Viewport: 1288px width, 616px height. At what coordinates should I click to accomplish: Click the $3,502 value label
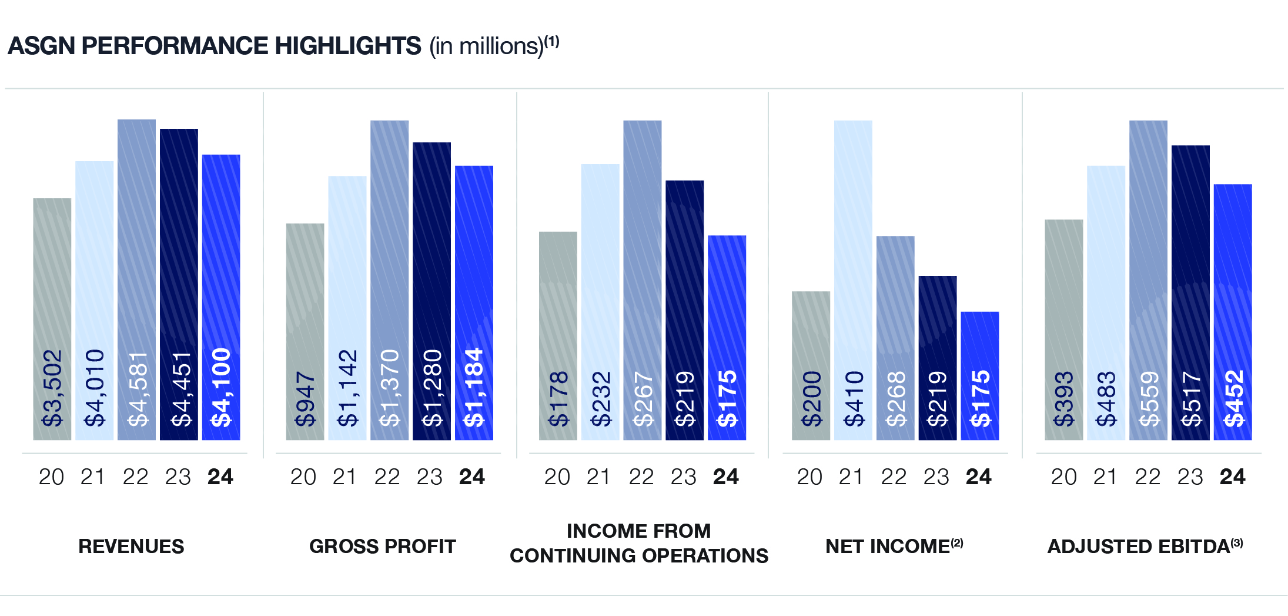coord(52,388)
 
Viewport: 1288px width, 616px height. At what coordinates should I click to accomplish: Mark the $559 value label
coord(1149,398)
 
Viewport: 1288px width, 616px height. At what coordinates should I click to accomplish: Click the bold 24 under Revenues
coord(220,477)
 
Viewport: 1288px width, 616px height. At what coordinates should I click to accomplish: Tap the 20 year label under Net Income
coord(809,477)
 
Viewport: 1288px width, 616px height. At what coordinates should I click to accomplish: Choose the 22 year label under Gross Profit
coord(387,477)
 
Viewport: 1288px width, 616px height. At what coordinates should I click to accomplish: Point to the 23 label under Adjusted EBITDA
coord(1190,477)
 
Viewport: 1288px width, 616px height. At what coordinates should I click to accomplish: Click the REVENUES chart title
coord(131,547)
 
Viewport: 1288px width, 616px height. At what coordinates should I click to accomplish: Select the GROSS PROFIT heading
coord(383,547)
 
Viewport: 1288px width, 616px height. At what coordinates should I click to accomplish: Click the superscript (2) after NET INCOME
coord(957,543)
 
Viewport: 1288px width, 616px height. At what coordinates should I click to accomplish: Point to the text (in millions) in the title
coord(486,46)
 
